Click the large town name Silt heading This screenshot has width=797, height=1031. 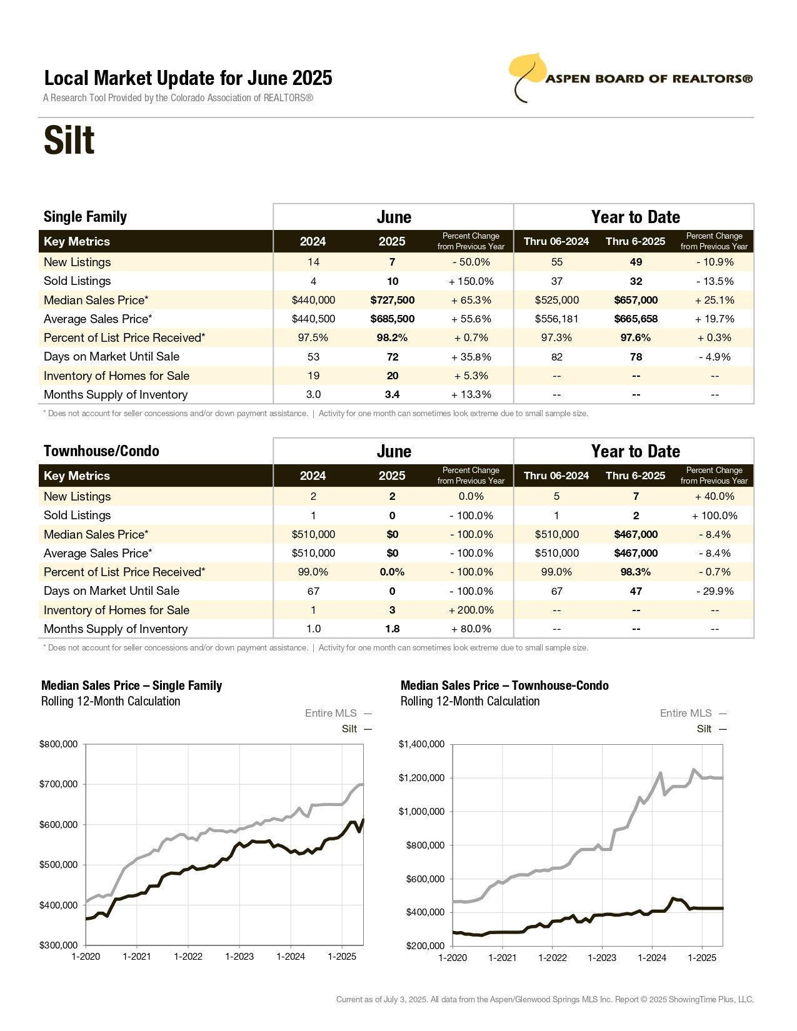coord(69,140)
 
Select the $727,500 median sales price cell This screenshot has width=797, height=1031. coord(392,300)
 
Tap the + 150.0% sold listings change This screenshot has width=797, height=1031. coord(471,281)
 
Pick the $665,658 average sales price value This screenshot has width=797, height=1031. coord(636,319)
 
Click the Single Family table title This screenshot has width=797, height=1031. coord(86,217)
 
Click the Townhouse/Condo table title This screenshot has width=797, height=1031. coord(102,451)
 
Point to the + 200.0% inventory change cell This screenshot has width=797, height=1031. coord(471,610)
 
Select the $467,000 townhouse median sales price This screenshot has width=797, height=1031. coord(636,534)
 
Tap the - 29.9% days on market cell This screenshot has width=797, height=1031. coord(715,591)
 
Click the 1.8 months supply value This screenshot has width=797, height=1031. coord(392,629)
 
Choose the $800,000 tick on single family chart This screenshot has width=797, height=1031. coord(58,744)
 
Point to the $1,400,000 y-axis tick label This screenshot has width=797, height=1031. coord(421,744)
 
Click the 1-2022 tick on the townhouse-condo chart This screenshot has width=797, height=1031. coord(553,957)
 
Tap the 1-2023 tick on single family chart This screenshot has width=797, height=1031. coord(239,956)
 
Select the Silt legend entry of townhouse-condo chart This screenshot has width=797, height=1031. coord(711,729)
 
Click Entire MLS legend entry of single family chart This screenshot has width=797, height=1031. coord(338,713)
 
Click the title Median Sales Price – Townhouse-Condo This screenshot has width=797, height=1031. coord(504,685)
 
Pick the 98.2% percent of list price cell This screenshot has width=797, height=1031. coord(392,338)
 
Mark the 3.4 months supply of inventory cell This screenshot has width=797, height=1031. coord(392,394)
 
